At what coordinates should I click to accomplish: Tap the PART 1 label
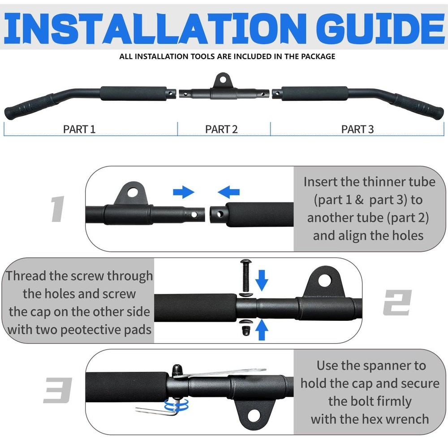coord(79,129)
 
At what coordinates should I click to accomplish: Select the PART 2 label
coord(221,129)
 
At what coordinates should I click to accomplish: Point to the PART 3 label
coord(357,129)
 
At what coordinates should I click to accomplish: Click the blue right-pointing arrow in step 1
coord(184,193)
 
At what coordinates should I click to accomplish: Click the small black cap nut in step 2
coord(246,331)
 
